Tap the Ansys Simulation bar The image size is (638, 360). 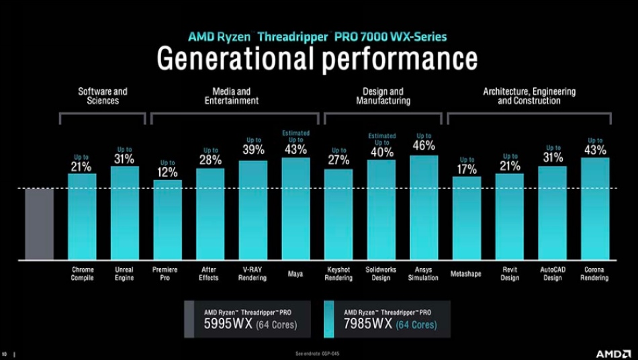point(424,208)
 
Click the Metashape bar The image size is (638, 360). point(466,218)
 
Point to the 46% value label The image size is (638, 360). point(424,145)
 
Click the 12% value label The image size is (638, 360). point(167,171)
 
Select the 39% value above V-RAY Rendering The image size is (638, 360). point(253,150)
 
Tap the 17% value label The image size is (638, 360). point(466,169)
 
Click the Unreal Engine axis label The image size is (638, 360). point(124,273)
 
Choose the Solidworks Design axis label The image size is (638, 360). point(381,273)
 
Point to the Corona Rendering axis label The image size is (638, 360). point(595,273)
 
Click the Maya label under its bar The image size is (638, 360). point(295,273)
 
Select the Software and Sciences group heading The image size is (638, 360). point(103,96)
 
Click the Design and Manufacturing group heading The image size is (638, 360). point(383,96)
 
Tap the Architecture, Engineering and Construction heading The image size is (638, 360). point(529,96)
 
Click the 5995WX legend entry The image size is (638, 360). point(248,318)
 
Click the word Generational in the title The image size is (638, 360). point(236,59)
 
